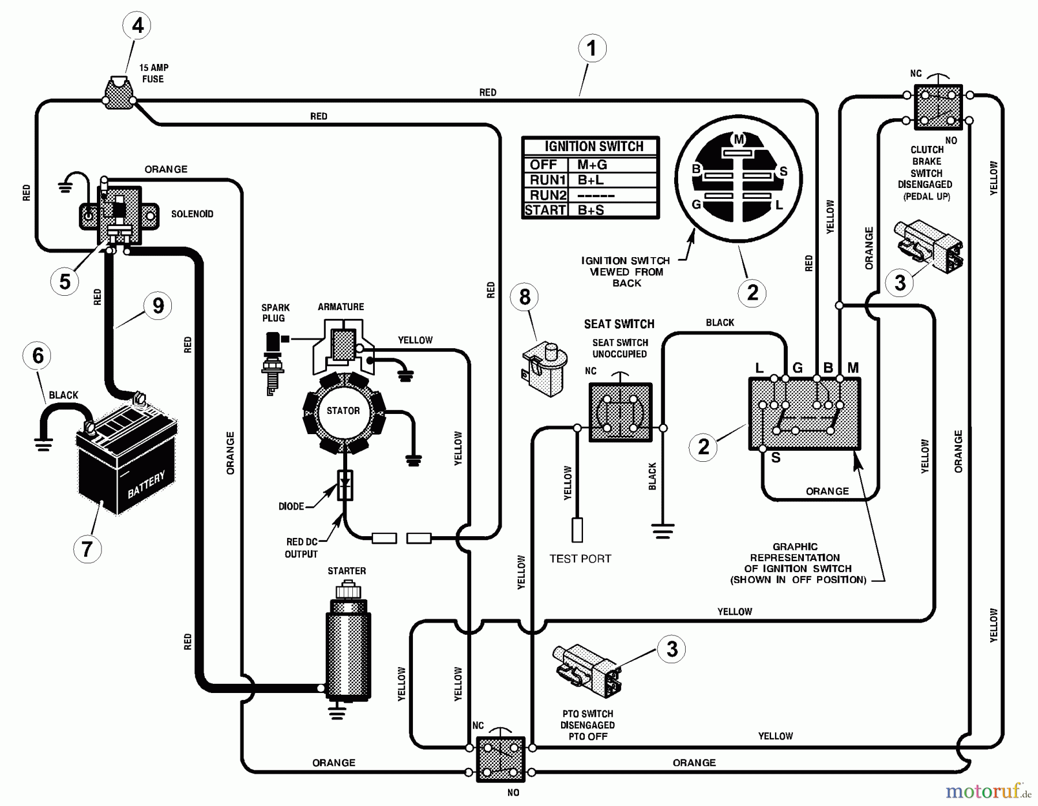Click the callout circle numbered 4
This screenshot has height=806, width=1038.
137,25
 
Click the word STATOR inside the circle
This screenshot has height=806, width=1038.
343,411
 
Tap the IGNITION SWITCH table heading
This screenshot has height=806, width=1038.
593,146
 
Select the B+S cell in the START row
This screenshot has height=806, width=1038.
591,210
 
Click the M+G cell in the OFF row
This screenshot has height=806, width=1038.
592,165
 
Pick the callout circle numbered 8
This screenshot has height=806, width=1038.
524,297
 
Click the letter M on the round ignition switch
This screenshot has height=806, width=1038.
739,139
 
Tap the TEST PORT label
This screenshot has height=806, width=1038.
580,559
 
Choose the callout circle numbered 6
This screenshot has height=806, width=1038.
37,356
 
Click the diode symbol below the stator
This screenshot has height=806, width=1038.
345,485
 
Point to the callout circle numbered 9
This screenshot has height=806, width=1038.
158,306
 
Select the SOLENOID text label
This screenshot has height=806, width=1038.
192,214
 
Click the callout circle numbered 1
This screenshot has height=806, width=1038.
592,48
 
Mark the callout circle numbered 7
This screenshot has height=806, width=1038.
87,549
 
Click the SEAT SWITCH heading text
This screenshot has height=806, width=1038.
619,324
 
